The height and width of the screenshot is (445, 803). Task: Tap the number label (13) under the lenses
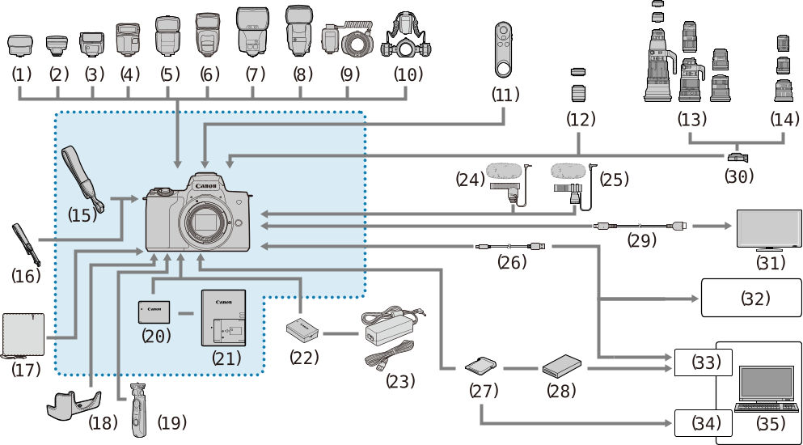coord(692,120)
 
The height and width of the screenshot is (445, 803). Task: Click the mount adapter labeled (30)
coord(737,155)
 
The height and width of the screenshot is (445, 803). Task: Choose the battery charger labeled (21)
coord(222,320)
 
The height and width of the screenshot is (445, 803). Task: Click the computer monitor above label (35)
coord(765,383)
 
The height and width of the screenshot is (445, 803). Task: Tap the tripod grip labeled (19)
coord(139,409)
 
